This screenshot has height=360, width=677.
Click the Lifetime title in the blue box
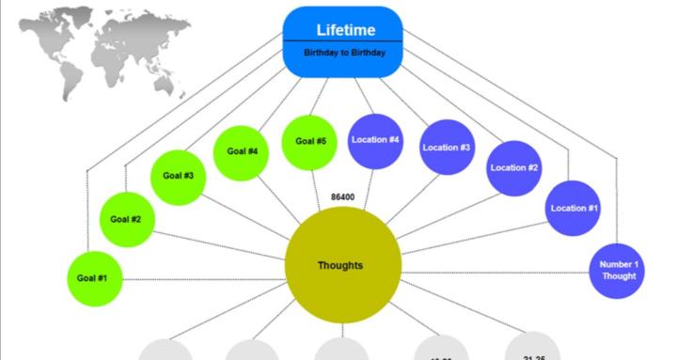click(345, 30)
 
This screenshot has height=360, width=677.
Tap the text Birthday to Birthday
click(344, 54)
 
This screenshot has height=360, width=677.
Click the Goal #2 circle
click(126, 219)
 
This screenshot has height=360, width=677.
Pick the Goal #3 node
click(178, 176)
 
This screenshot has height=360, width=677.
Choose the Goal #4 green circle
click(242, 150)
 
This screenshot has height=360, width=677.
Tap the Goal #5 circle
click(310, 141)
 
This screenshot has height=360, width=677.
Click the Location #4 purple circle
click(375, 140)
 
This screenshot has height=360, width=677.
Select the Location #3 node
click(447, 148)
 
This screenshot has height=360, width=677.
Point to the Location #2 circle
click(514, 168)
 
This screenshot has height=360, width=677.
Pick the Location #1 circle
click(574, 208)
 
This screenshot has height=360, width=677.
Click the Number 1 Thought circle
click(618, 270)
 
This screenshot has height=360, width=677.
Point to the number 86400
click(343, 197)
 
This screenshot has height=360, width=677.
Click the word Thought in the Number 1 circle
click(619, 276)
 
